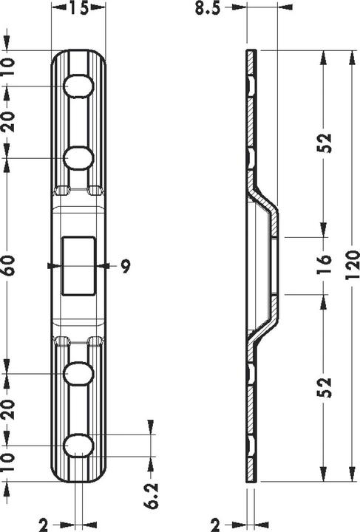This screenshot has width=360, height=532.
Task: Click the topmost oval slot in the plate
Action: (78, 86)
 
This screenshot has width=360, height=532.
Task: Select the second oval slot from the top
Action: (78, 157)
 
